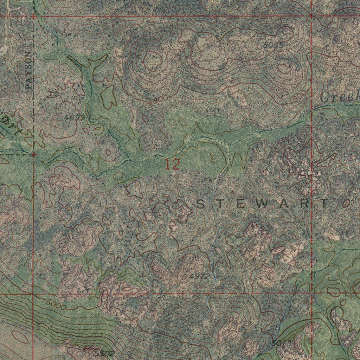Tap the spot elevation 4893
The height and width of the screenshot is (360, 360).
pyautogui.click(x=75, y=118)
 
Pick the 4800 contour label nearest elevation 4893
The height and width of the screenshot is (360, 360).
pyautogui.click(x=158, y=99)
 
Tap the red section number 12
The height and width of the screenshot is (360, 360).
pyautogui.click(x=172, y=165)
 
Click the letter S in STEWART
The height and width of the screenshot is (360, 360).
pyautogui.click(x=199, y=204)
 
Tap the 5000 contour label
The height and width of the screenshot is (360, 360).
pyautogui.click(x=55, y=304)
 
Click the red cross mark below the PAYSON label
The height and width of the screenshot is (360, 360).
pyautogui.click(x=34, y=154)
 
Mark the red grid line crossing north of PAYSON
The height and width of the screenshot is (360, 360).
pyautogui.click(x=34, y=16)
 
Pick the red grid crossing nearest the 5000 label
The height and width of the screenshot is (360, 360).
pyautogui.click(x=33, y=294)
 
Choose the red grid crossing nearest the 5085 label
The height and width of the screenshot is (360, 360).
pyautogui.click(x=311, y=16)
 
